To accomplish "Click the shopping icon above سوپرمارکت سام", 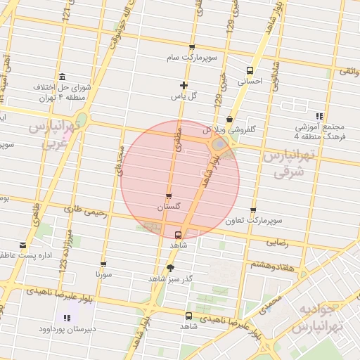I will coord(191,48).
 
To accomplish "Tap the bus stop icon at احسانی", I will coord(250,70).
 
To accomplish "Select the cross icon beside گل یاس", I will coord(184,85).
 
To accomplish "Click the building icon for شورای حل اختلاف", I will coord(63,77).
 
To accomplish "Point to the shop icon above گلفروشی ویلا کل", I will coord(230,120).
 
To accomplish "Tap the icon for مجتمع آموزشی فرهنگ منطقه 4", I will coord(319,116).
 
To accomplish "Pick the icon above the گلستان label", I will coord(168,196).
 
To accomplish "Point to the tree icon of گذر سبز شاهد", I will coord(169,269).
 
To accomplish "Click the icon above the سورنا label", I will coord(103,264).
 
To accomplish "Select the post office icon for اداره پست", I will coord(23,245).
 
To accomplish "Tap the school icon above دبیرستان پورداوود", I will coord(67,317).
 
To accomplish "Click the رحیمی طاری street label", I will coord(84,209).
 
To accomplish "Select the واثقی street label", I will coord(349,71).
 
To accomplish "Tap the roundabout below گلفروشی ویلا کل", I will coord(220,145).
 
